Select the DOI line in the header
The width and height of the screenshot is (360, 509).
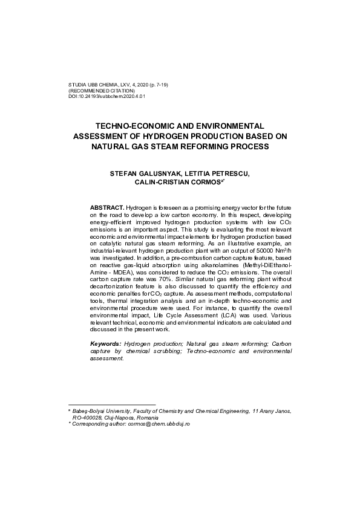108,96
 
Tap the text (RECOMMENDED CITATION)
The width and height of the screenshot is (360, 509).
102,91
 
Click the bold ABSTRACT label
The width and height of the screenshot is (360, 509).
107,207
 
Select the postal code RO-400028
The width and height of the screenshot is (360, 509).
91,417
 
